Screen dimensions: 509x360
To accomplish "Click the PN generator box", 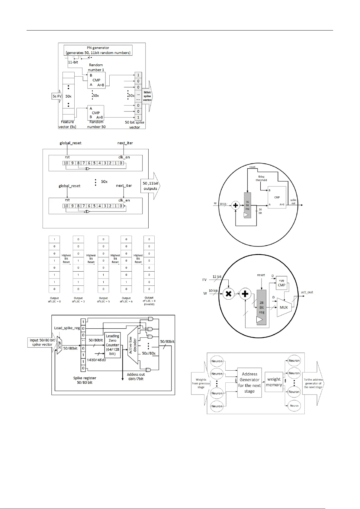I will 98,50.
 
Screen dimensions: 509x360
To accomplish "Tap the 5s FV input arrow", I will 57,96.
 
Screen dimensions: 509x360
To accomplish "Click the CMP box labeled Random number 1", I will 96,80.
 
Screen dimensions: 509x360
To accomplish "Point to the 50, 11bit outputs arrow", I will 150,186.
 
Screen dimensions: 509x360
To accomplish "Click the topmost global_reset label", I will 70,143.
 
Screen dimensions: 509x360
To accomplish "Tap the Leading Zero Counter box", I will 112,345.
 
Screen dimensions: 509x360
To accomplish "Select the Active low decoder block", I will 133,345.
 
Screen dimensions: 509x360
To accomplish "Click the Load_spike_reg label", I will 67,328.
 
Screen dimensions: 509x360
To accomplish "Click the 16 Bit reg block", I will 247,205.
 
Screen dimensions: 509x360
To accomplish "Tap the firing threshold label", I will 261,178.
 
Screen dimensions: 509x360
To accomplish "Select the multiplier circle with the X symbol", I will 229,294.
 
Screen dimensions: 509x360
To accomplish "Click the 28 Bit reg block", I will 262,307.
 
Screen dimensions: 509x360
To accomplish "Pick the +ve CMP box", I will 281,282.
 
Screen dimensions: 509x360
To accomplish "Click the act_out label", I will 307,292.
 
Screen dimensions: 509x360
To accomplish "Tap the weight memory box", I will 274,382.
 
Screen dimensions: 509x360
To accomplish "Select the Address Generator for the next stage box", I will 249,382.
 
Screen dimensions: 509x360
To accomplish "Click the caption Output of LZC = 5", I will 103,300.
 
